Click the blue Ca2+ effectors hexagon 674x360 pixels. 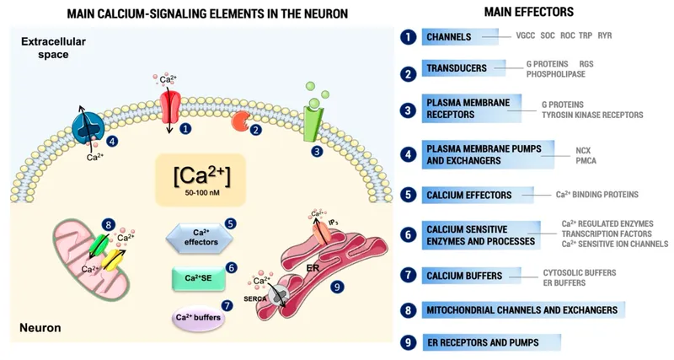tap(199, 237)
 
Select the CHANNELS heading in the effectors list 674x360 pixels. tap(451, 37)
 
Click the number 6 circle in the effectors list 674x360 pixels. tap(408, 234)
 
